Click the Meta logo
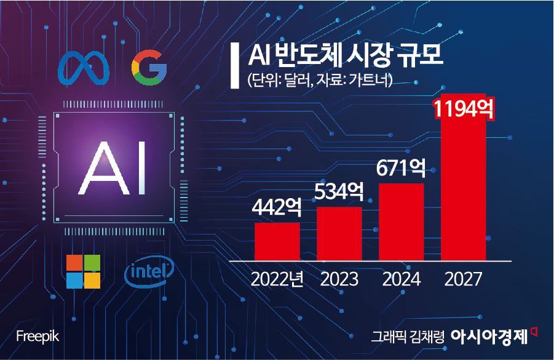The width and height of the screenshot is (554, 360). click(x=84, y=68)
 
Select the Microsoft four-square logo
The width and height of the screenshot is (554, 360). click(x=84, y=271)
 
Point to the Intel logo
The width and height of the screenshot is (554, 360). click(x=149, y=271)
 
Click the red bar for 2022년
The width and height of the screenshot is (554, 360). click(x=277, y=241)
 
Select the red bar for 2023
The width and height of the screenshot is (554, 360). click(x=339, y=233)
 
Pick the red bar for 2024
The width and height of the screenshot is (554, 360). click(x=402, y=222)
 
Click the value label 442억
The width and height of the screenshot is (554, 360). click(x=277, y=207)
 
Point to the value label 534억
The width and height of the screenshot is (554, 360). click(x=339, y=191)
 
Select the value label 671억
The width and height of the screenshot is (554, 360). click(x=402, y=168)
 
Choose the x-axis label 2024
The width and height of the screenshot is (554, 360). click(x=402, y=279)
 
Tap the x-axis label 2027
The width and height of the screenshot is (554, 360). click(x=464, y=279)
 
